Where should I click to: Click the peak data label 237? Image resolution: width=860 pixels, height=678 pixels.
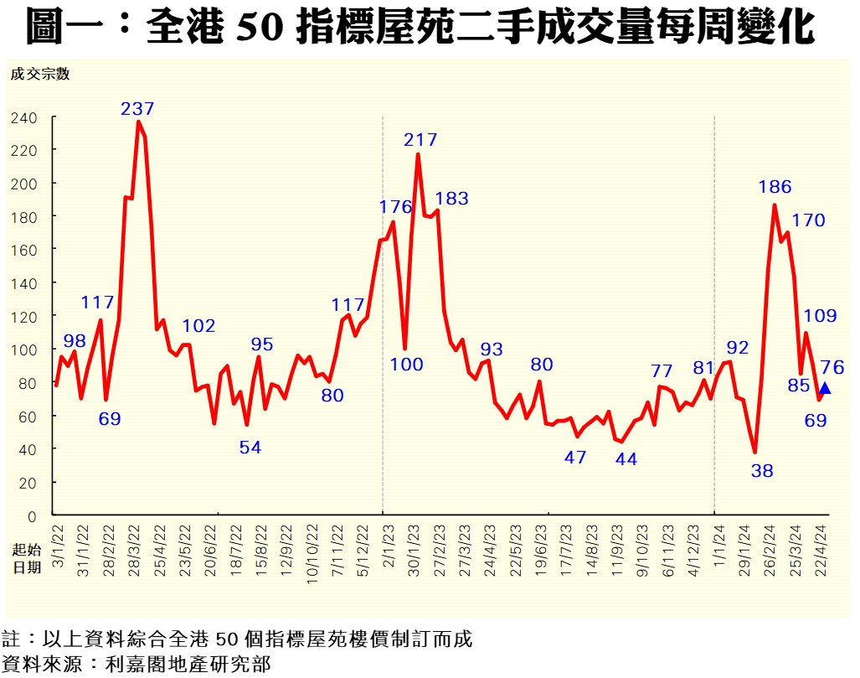tap(138, 109)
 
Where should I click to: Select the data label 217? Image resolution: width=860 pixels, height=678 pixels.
tap(420, 140)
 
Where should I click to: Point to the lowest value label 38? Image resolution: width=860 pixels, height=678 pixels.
tap(762, 471)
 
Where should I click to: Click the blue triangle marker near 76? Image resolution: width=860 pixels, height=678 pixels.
tap(825, 387)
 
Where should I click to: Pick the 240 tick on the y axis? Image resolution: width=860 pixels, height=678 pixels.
tap(24, 118)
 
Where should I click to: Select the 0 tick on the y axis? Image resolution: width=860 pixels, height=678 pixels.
tap(33, 516)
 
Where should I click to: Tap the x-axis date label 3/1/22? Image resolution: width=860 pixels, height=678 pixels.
tap(58, 542)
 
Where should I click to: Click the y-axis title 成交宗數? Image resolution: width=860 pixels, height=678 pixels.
tap(40, 74)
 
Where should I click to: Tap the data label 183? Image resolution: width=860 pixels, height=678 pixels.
tap(451, 199)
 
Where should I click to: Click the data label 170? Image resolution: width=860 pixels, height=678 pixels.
tap(808, 220)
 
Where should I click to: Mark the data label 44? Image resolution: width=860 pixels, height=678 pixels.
tap(626, 458)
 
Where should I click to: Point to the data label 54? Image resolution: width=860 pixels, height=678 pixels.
tap(250, 448)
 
